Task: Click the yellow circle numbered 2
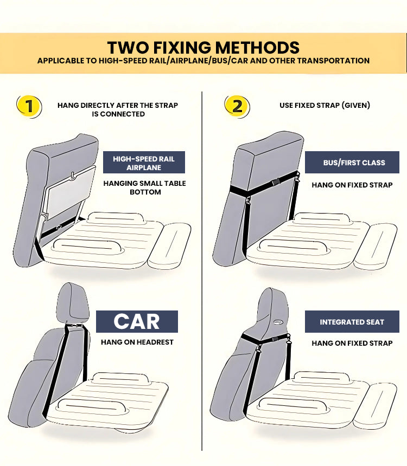237,105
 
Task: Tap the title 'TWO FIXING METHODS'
203,47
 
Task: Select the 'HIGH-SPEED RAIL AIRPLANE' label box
144,163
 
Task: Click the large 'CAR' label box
137,321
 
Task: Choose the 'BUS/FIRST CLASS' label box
352,163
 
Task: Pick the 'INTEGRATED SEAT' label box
352,322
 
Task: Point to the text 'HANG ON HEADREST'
137,342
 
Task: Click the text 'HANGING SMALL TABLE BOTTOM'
144,187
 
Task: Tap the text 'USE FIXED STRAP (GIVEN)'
325,105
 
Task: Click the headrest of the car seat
73,302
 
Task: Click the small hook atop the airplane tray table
71,176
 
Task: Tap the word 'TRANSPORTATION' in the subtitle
335,61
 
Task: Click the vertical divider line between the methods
202,271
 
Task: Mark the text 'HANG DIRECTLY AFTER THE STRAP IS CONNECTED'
118,109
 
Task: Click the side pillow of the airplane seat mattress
169,245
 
